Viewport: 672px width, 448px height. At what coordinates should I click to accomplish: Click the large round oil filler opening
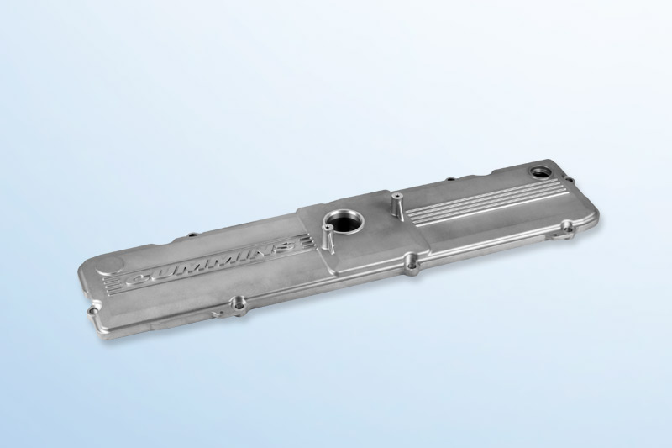click(x=344, y=221)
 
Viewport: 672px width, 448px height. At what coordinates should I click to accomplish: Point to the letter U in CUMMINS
click(x=164, y=271)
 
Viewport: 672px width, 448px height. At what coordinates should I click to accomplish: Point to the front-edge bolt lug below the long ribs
click(x=568, y=224)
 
